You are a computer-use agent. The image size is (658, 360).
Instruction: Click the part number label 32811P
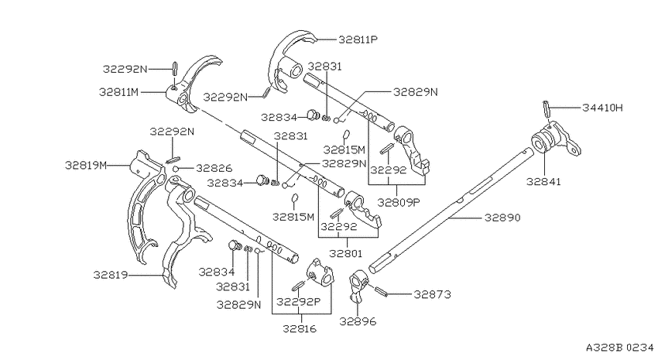click(358, 39)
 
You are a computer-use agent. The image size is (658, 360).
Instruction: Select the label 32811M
click(118, 92)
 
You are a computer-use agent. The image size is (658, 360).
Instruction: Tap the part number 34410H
click(602, 108)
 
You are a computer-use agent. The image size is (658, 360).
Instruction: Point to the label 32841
click(543, 182)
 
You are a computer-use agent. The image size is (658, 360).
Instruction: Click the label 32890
click(502, 218)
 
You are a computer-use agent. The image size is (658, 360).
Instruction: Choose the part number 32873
click(432, 294)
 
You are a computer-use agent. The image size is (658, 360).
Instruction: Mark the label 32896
click(358, 321)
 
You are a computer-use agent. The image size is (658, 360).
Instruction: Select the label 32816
click(300, 328)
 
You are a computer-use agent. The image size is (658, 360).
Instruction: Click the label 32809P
click(399, 202)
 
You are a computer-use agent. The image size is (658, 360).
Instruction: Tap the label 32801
click(345, 253)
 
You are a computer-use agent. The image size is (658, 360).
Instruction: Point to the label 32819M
click(86, 166)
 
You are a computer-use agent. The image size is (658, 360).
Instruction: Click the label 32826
click(214, 168)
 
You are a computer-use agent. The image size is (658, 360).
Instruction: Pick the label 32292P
click(298, 302)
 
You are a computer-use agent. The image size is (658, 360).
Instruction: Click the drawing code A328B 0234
click(620, 348)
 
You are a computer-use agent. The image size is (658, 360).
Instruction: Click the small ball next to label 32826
click(176, 169)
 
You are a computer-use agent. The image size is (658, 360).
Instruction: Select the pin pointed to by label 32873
click(382, 291)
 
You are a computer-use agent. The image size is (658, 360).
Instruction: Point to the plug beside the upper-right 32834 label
click(312, 115)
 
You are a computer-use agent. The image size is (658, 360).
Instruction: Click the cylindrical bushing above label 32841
click(542, 142)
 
